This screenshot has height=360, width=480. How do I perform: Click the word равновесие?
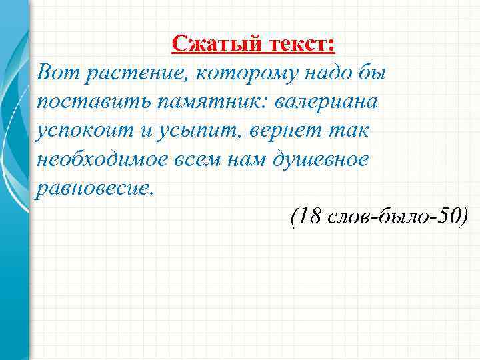(x=95, y=187)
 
